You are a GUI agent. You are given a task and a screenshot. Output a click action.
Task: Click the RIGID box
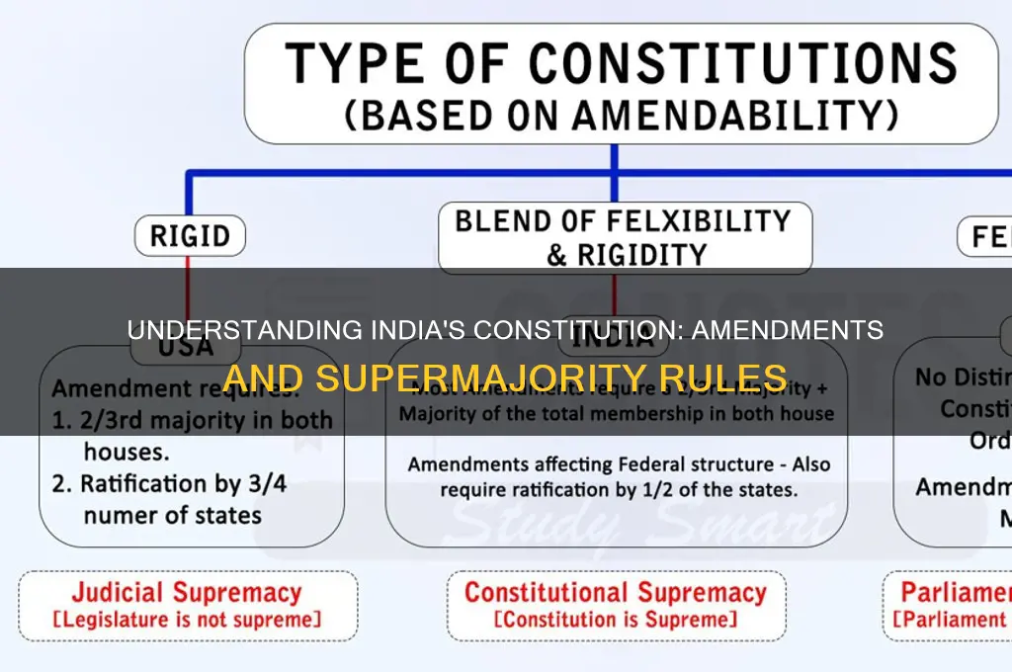(x=190, y=237)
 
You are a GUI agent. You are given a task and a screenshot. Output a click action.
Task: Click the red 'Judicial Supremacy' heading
(x=186, y=593)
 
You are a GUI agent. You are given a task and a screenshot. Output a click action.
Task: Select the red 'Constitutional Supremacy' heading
(x=615, y=593)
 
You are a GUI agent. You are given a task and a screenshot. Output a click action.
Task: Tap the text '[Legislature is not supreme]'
(x=186, y=621)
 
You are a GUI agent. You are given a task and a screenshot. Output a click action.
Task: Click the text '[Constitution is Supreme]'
(x=615, y=621)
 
